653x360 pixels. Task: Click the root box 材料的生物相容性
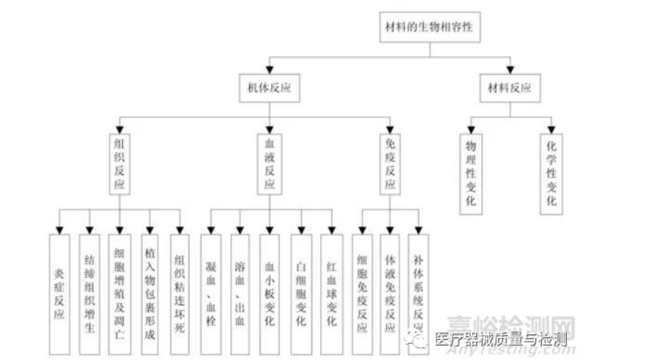[x=428, y=28]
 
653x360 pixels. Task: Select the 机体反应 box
[x=270, y=88]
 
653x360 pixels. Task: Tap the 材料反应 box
[x=510, y=88]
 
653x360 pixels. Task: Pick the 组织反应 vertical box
[x=120, y=163]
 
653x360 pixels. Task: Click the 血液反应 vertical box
[x=270, y=163]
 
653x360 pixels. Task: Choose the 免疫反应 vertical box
[x=390, y=163]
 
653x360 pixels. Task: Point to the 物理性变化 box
[x=471, y=173]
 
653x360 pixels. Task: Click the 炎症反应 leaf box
[x=59, y=294]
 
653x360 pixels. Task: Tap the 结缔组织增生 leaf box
[x=90, y=294]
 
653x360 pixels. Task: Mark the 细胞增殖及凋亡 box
[x=120, y=294]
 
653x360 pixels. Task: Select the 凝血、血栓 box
[x=211, y=294]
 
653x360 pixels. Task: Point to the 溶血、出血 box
[x=240, y=294]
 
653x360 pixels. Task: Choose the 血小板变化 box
[x=270, y=294]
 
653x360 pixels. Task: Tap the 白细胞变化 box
[x=301, y=294]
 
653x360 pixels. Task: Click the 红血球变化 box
[x=331, y=294]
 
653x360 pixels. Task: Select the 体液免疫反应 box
[x=390, y=294]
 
